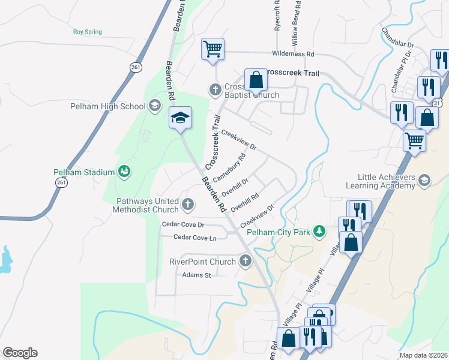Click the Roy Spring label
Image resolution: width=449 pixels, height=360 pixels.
(x=88, y=32)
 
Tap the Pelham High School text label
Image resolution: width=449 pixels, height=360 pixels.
(x=112, y=107)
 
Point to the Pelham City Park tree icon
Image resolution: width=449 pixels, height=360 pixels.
(x=321, y=231)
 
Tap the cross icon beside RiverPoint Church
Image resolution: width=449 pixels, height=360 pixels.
(x=245, y=261)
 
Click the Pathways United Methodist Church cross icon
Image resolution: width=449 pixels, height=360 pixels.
(x=188, y=205)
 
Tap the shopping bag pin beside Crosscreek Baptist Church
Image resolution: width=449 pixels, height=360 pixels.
(x=256, y=80)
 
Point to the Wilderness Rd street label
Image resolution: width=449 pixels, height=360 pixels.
(x=293, y=54)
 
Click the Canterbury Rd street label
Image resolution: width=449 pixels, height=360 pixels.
(x=229, y=168)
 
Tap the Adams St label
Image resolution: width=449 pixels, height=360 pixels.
(x=197, y=275)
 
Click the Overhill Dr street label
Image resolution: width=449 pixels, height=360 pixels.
(x=235, y=187)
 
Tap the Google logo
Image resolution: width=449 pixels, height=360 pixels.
(x=20, y=353)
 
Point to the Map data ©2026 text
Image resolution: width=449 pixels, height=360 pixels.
(x=423, y=355)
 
